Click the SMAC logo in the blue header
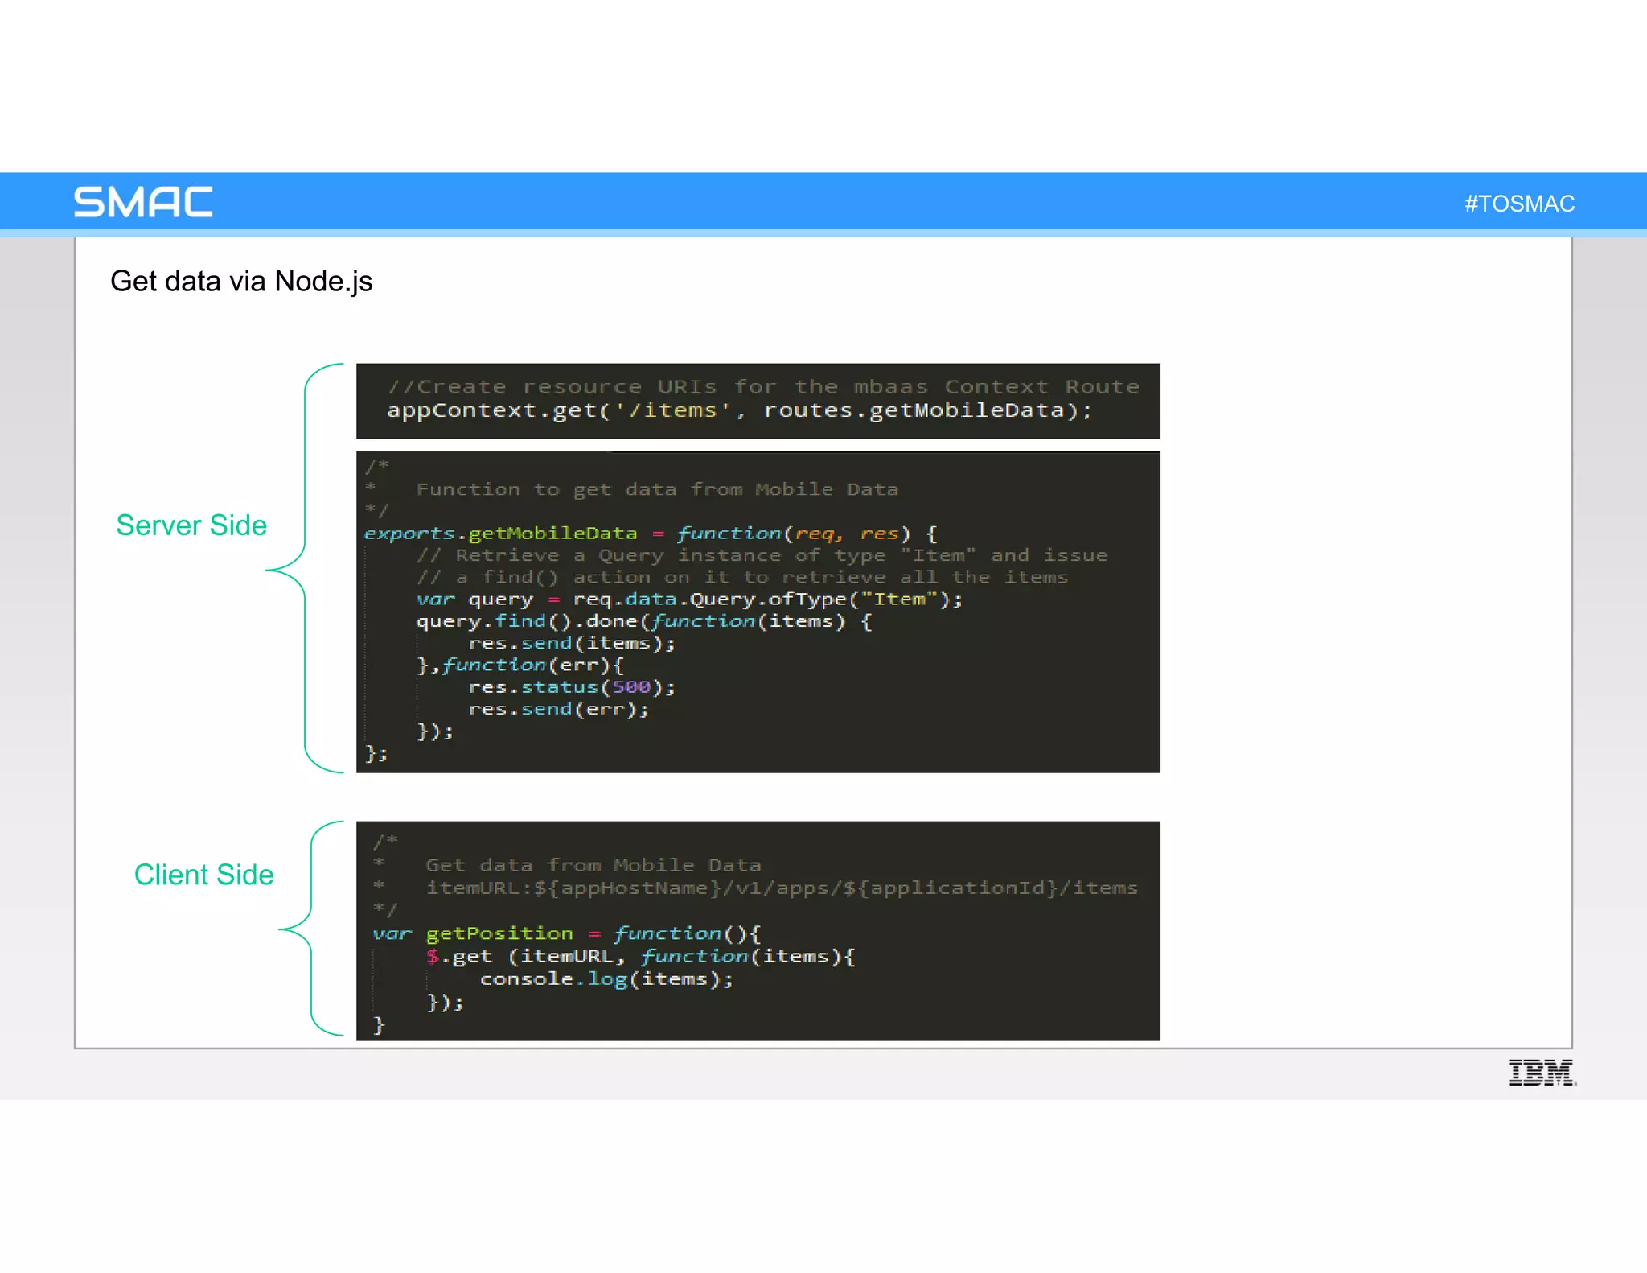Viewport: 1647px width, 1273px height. pos(143,202)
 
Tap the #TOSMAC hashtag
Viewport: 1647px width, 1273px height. pos(1519,204)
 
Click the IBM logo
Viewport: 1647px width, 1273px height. pos(1542,1073)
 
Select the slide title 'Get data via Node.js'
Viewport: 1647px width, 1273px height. pos(241,282)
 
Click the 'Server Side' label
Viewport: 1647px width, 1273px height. pos(191,525)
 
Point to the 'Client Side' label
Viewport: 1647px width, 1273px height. pos(203,875)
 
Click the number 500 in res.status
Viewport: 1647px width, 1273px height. pos(631,687)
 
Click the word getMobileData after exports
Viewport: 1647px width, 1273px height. pos(552,534)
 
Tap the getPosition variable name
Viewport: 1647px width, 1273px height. pos(499,933)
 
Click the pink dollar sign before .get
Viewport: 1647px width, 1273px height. pos(433,956)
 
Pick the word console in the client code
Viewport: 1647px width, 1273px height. pos(527,979)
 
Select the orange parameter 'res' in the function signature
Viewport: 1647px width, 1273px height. pos(879,534)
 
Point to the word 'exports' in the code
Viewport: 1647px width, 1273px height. pos(409,534)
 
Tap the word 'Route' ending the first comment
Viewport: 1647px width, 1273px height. pos(1102,387)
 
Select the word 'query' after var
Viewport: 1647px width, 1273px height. pos(500,599)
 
